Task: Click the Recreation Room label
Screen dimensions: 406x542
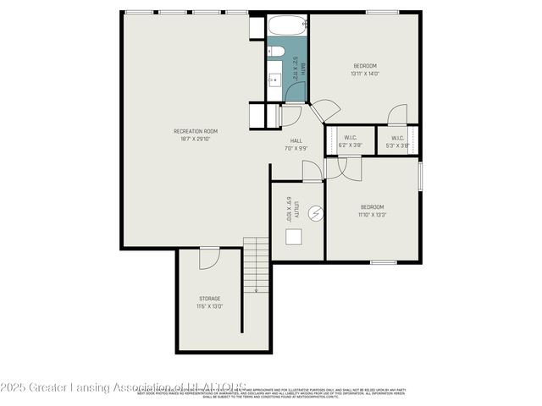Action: pos(196,131)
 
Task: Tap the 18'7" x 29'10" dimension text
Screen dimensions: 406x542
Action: pos(196,139)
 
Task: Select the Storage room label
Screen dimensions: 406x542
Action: pos(210,299)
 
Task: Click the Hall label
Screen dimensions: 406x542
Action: pos(296,140)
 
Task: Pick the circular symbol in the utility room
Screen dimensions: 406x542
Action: pos(315,214)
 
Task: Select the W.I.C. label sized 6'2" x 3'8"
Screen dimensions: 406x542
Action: pos(350,140)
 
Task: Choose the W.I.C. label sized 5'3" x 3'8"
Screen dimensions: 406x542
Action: pos(397,140)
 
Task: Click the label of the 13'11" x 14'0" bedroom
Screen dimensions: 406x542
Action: pos(365,66)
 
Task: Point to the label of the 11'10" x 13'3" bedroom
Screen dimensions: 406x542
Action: pos(373,207)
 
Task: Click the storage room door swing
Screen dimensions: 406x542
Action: pos(209,257)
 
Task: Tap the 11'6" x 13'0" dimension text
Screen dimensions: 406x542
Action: pos(210,306)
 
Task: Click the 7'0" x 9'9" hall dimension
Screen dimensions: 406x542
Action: pos(296,148)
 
